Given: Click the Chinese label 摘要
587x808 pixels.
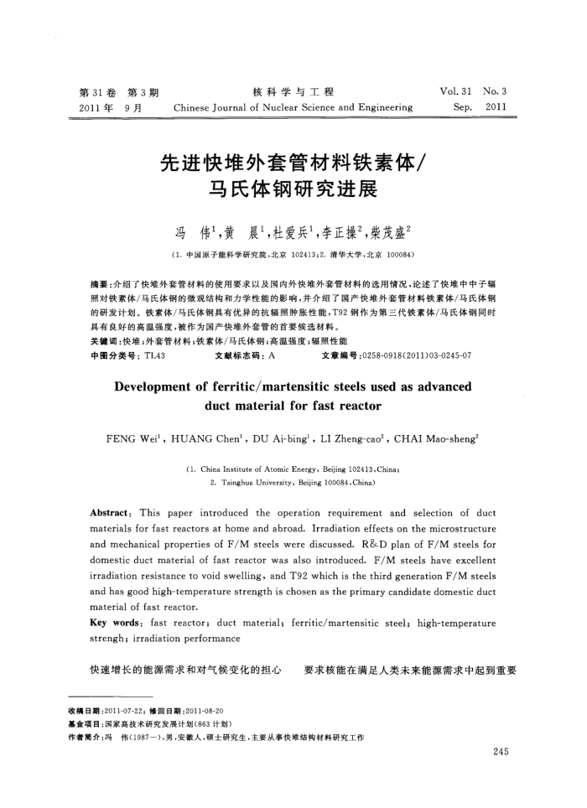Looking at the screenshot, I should [x=98, y=286].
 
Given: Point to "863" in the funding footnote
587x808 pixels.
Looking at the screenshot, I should [x=213, y=723].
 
